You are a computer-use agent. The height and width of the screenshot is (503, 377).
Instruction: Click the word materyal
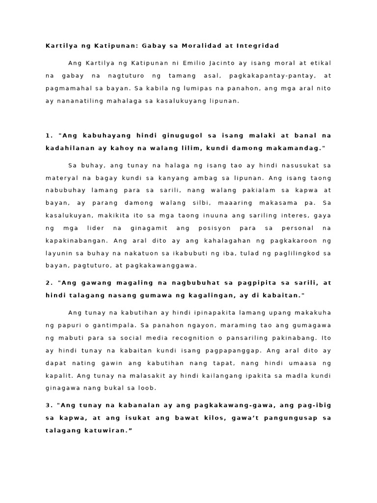pyautogui.click(x=62, y=177)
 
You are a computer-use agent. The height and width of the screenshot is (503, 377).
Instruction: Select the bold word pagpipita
pyautogui.click(x=243, y=282)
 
